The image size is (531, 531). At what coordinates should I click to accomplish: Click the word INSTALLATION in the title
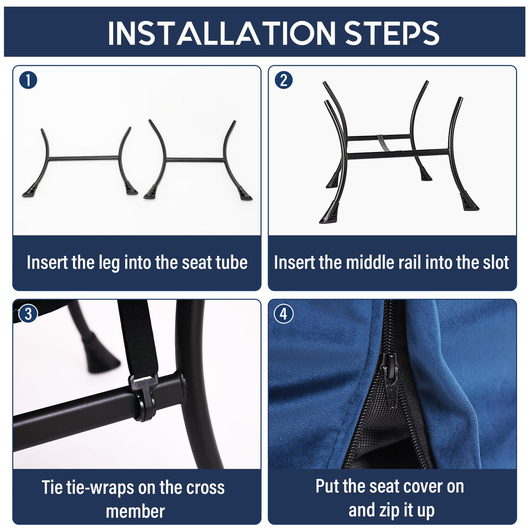pyautogui.click(x=221, y=33)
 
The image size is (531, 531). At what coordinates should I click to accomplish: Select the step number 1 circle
pyautogui.click(x=28, y=80)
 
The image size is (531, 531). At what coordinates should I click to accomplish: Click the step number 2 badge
pyautogui.click(x=284, y=80)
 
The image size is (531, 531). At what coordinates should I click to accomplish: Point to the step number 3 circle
pyautogui.click(x=28, y=314)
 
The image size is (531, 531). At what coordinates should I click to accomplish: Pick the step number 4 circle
pyautogui.click(x=284, y=314)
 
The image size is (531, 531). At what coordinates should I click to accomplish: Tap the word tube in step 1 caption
pyautogui.click(x=232, y=262)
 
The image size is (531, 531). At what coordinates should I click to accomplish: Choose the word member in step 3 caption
pyautogui.click(x=135, y=511)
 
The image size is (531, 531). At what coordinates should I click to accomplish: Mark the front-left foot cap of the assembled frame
pyautogui.click(x=329, y=212)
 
